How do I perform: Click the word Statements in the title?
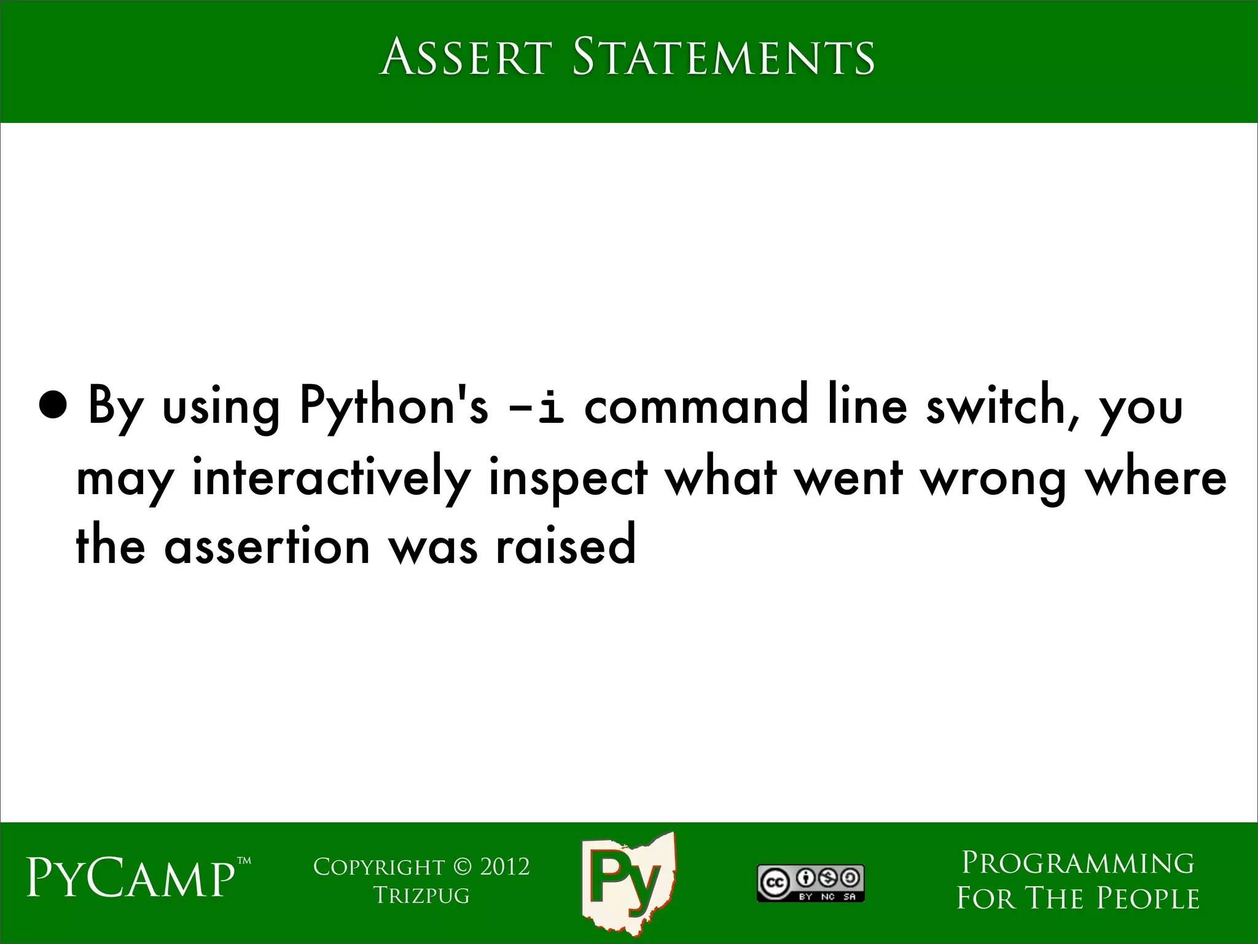click(x=723, y=57)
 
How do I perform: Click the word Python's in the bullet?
click(x=393, y=407)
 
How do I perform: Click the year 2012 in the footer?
click(x=504, y=867)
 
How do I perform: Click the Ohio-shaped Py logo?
click(x=628, y=883)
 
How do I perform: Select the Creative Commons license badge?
click(x=810, y=883)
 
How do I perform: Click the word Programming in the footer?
click(x=1077, y=863)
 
